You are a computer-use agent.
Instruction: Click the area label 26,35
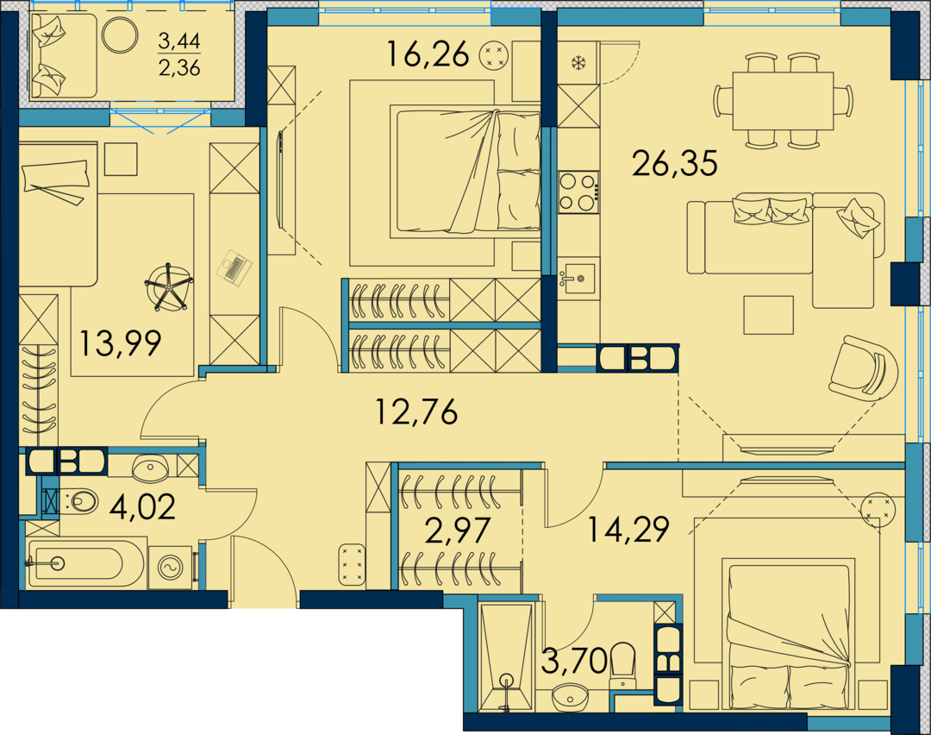click(x=674, y=163)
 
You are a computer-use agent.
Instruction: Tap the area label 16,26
click(x=428, y=53)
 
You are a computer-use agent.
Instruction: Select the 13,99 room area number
click(x=121, y=343)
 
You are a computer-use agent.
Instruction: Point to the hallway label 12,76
click(x=417, y=411)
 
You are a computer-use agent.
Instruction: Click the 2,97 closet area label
click(x=458, y=531)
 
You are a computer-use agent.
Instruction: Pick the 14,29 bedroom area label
click(x=628, y=529)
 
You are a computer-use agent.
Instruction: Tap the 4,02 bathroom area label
click(x=143, y=507)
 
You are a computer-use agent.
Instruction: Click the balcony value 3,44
click(x=179, y=41)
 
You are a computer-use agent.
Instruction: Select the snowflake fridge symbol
click(x=577, y=62)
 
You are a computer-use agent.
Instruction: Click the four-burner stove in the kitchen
click(x=578, y=192)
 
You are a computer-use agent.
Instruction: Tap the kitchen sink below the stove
click(x=576, y=278)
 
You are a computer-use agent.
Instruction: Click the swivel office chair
click(x=169, y=286)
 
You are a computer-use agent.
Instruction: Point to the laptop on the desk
click(x=236, y=269)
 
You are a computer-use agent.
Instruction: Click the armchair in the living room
click(x=864, y=368)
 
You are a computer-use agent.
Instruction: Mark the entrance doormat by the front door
click(x=352, y=564)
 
